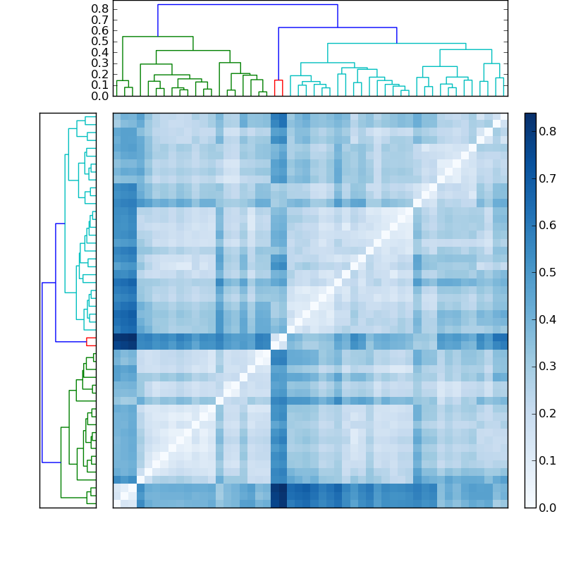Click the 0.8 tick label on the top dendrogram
pos(100,8)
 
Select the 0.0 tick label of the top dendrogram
pos(100,96)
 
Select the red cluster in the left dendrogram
pos(91,341)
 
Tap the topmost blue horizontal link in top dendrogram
pos(247,5)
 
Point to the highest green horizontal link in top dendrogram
pos(158,37)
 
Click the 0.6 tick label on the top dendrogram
pos(100,30)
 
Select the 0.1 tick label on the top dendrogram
pos(100,85)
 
